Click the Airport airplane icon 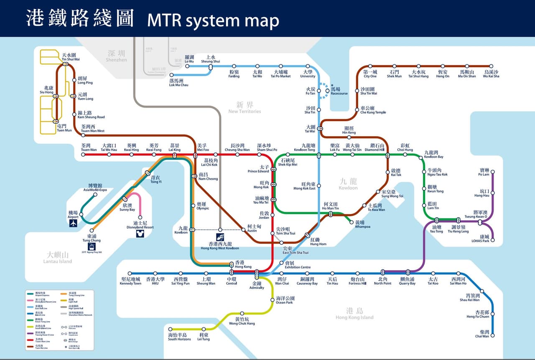click(74, 223)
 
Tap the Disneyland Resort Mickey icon click(140, 233)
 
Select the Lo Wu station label click(189, 59)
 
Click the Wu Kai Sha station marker click(491, 66)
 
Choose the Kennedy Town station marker click(130, 274)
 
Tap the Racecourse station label click(339, 91)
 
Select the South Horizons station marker click(171, 329)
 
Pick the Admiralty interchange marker click(257, 274)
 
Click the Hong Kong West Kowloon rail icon click(220, 237)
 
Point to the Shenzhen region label click(116, 56)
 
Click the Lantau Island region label click(58, 257)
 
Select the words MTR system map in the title click(213, 20)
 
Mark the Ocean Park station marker click(274, 299)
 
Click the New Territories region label click(245, 107)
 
